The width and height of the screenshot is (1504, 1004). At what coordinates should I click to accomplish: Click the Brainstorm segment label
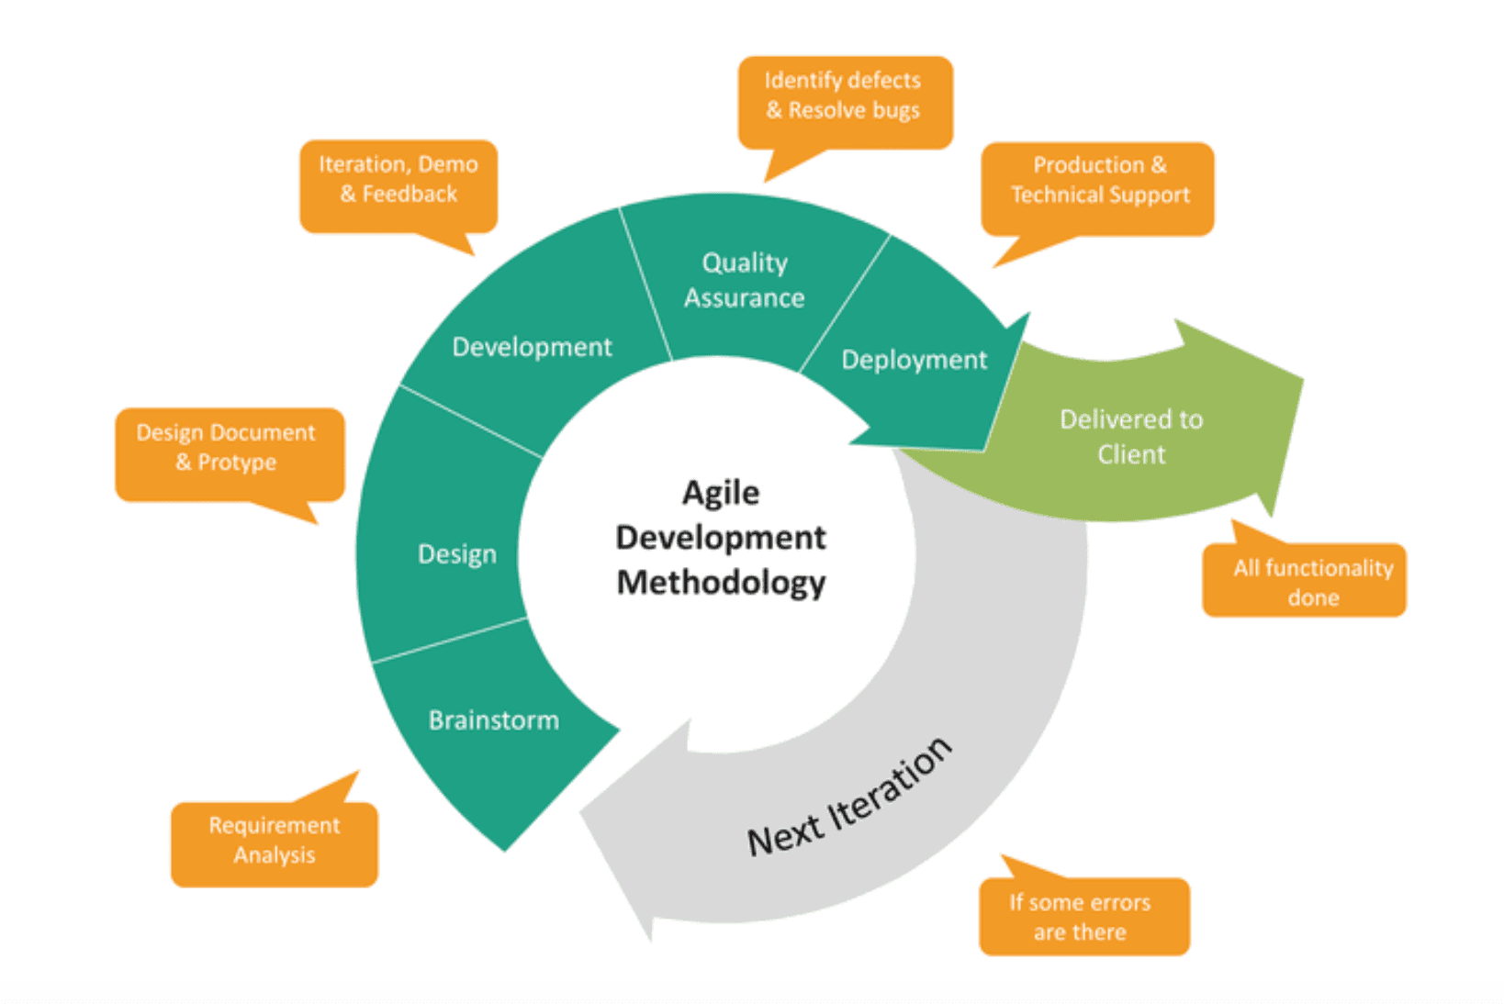[493, 720]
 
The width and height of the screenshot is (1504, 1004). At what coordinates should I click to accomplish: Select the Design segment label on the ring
[456, 554]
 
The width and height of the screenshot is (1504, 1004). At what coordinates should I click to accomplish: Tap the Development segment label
[532, 347]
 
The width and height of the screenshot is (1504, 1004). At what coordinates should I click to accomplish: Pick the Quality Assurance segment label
[744, 280]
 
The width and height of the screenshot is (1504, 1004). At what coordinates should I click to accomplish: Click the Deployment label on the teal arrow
[914, 360]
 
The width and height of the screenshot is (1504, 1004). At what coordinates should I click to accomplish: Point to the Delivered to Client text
[1130, 437]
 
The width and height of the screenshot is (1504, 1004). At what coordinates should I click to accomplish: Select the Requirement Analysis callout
[274, 841]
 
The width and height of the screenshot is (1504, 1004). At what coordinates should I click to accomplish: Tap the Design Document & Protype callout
[226, 448]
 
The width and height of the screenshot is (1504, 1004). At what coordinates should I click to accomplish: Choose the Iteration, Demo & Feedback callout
[398, 180]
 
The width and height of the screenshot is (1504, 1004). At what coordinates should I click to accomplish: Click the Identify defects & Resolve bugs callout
[843, 95]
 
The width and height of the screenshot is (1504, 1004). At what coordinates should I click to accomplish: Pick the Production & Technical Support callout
[1099, 181]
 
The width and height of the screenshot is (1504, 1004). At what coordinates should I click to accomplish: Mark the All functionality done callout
[1312, 583]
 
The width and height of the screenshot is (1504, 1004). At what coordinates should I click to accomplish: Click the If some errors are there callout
[1080, 917]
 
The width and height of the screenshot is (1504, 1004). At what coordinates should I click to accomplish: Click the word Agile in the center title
[721, 493]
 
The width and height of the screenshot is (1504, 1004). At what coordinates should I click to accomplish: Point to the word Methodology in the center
[721, 583]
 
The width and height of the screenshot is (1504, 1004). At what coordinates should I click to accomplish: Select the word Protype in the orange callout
[237, 463]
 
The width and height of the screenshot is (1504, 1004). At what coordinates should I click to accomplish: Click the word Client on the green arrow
[1130, 454]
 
